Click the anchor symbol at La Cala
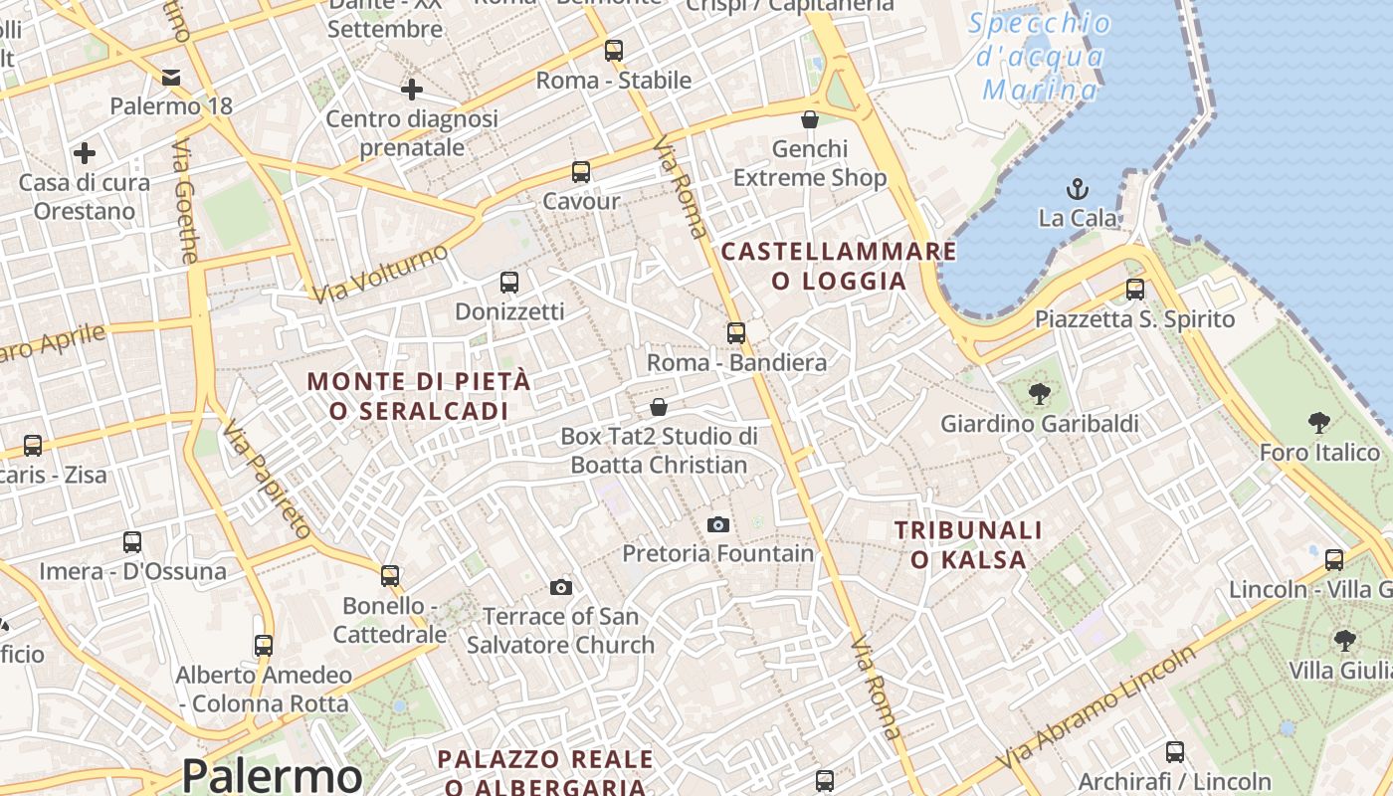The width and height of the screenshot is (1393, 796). pyautogui.click(x=1077, y=188)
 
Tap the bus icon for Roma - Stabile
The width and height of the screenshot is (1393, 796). pyautogui.click(x=614, y=50)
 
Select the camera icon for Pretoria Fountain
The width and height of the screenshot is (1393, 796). pyautogui.click(x=717, y=524)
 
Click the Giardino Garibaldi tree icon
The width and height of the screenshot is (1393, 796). pyautogui.click(x=1040, y=394)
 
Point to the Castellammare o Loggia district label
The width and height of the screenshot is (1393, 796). pyautogui.click(x=839, y=266)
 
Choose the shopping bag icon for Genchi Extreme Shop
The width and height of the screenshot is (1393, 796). pyautogui.click(x=810, y=120)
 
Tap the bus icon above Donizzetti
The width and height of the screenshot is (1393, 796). pyautogui.click(x=509, y=282)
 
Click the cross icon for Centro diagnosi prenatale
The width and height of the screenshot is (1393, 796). pyautogui.click(x=412, y=90)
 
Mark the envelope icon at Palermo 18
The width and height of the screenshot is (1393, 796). pyautogui.click(x=171, y=78)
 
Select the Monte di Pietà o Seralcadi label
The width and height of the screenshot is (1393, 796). pyautogui.click(x=419, y=395)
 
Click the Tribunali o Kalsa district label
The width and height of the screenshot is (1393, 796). pyautogui.click(x=968, y=544)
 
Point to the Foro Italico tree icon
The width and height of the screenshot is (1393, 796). pyautogui.click(x=1319, y=423)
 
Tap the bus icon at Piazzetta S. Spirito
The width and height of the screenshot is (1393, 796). pyautogui.click(x=1135, y=290)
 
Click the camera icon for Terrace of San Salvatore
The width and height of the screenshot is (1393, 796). pyautogui.click(x=561, y=587)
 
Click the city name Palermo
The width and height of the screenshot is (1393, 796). pyautogui.click(x=272, y=774)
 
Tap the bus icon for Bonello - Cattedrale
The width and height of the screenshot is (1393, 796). pyautogui.click(x=390, y=575)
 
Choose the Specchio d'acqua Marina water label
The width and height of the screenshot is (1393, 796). pyautogui.click(x=1041, y=57)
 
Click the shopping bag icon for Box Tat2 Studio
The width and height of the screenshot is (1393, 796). pyautogui.click(x=659, y=407)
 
